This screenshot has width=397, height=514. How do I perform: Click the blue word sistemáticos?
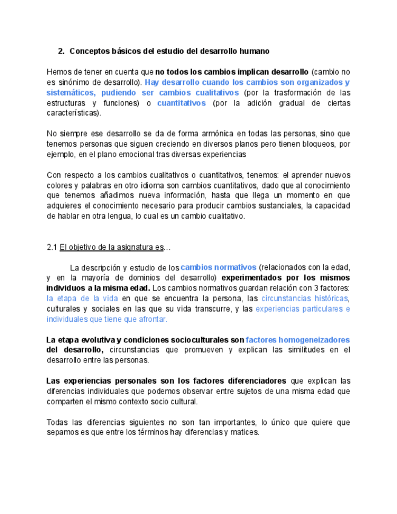tap(70, 93)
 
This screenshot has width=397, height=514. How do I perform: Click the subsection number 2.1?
tap(52, 247)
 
